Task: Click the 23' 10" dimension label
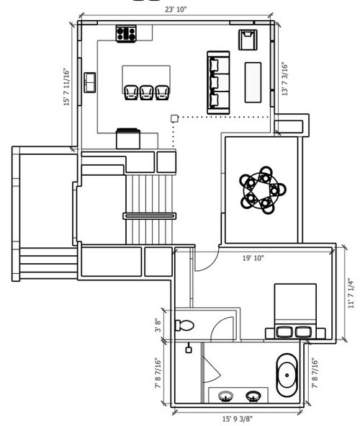176,9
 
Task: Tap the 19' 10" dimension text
253,258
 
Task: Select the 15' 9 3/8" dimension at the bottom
238,419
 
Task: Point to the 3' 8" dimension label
158,325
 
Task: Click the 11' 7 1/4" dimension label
351,293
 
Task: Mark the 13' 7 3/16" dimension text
284,79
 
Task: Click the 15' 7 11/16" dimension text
66,86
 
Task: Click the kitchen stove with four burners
126,34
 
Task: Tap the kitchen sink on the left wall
89,83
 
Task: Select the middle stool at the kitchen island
147,92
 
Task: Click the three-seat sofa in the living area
218,82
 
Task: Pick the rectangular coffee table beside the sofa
253,83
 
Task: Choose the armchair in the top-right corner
248,40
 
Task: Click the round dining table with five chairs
263,190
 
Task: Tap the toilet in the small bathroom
184,325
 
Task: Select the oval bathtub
287,376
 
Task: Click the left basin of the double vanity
225,396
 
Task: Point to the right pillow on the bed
304,332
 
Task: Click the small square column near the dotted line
174,118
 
